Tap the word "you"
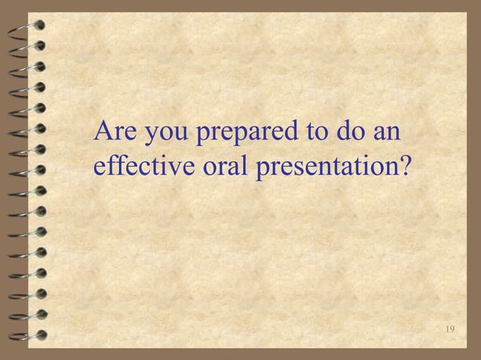pos(166,136)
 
